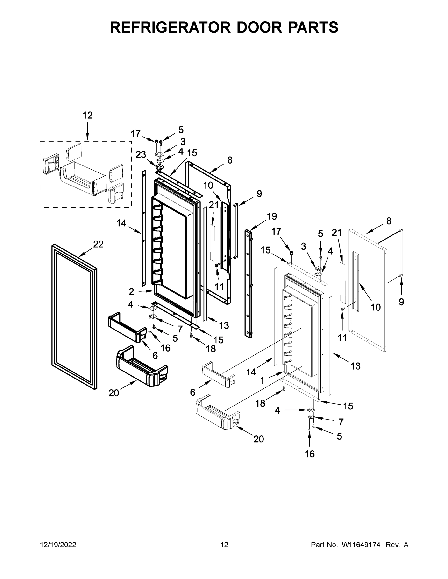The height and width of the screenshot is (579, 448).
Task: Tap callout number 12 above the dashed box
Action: pos(88,115)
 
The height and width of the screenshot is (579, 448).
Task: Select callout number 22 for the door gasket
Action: pos(98,244)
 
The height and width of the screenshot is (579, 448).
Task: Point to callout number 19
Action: pos(272,216)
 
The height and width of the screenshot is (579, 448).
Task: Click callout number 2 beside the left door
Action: pos(131,292)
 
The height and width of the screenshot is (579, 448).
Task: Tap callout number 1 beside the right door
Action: pos(262,381)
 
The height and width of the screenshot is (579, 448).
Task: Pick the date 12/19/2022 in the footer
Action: pos(58,545)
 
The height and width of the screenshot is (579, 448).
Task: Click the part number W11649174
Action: pos(361,545)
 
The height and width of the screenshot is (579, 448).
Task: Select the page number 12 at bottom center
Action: pos(224,545)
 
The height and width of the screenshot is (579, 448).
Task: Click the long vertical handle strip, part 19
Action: pos(249,284)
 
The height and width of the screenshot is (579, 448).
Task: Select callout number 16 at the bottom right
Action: pos(310,454)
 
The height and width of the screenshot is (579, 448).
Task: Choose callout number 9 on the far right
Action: pos(401,302)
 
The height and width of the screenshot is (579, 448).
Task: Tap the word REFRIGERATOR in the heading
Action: pos(170,27)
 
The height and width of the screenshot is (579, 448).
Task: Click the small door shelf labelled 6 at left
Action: pos(127,328)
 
